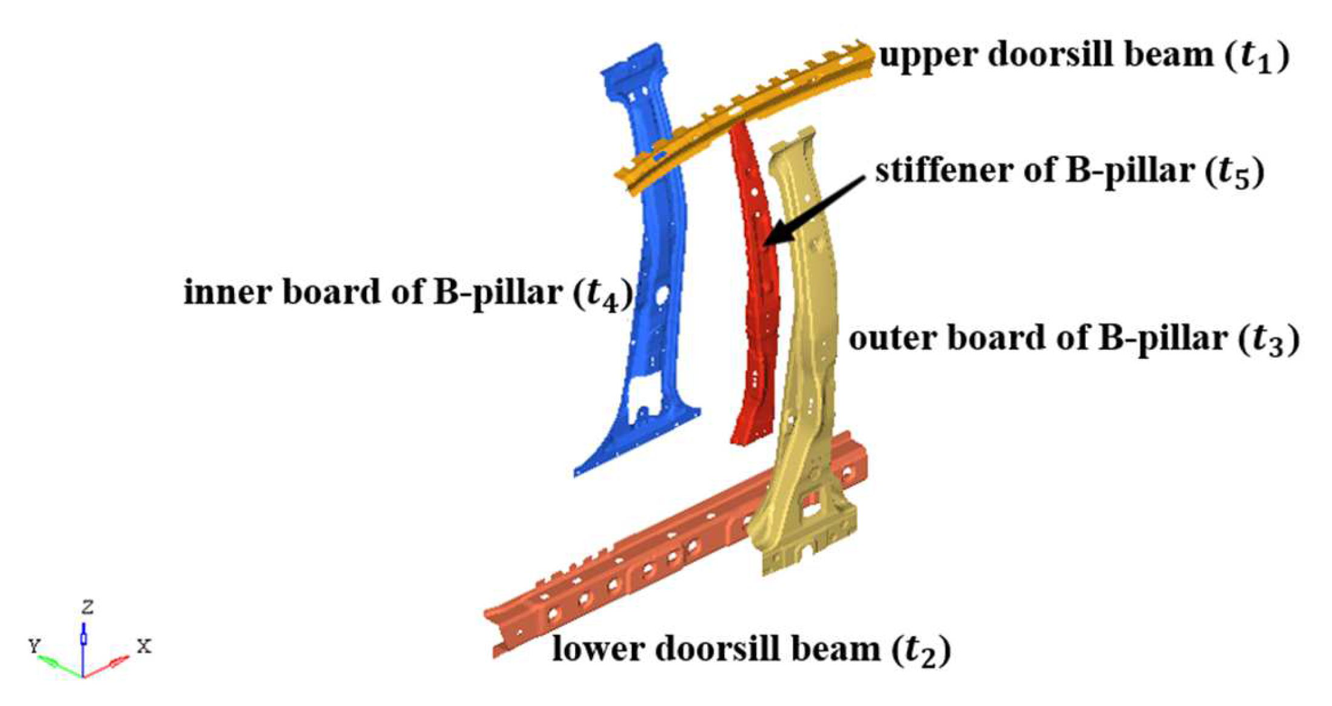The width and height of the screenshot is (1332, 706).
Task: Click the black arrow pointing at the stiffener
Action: pos(813,209)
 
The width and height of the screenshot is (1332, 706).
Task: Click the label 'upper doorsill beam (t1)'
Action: pos(1083,56)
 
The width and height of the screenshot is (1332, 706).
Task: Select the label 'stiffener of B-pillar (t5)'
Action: pos(1069,172)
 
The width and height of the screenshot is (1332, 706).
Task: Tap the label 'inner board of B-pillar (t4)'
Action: pos(408,293)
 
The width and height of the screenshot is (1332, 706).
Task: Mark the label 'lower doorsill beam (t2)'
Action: pos(751,650)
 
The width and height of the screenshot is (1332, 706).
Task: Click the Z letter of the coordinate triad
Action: pos(88,606)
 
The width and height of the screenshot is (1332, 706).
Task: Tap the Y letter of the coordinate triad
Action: pos(35,646)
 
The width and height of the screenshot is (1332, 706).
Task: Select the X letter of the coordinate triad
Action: pos(144,646)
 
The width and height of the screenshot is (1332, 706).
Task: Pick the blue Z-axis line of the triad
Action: pos(83,643)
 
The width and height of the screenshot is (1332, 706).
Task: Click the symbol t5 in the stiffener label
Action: pos(1233,174)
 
